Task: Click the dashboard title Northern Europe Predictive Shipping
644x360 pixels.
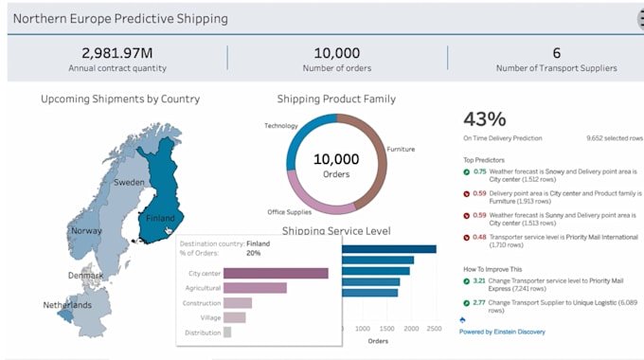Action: (121, 19)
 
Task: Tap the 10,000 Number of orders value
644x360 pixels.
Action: (336, 53)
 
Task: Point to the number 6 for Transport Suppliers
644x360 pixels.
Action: (556, 53)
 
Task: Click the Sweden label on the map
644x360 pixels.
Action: (129, 182)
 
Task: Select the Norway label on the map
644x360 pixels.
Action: (86, 230)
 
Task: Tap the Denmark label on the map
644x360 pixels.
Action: (86, 276)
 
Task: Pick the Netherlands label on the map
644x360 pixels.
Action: (67, 305)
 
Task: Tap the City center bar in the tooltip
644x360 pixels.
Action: (276, 273)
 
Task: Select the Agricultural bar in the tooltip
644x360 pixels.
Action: (255, 288)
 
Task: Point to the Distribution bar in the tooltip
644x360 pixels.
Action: (227, 333)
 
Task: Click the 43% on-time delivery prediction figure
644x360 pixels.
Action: (484, 118)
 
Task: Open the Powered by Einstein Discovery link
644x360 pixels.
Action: (502, 332)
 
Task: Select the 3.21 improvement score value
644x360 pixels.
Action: (479, 281)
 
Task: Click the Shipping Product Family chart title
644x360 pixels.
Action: (336, 99)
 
